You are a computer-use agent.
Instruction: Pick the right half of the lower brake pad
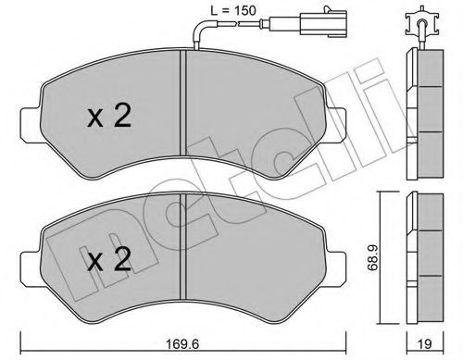pyautogui.click(x=259, y=259)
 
